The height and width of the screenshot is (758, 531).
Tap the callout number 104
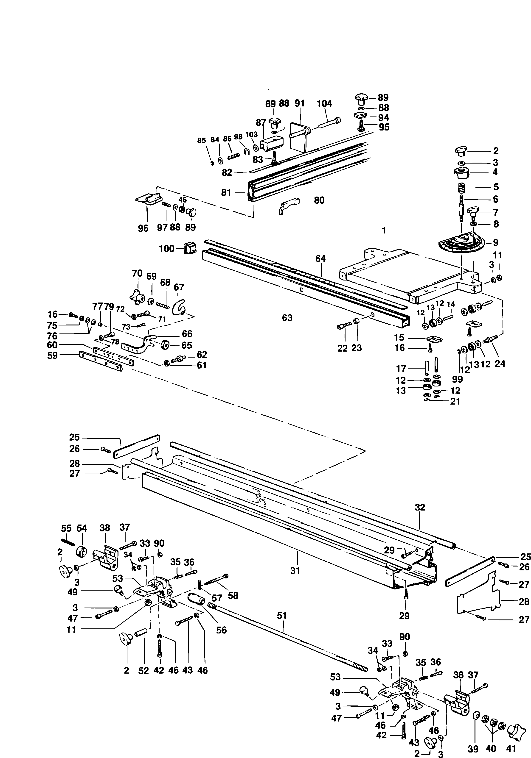324,104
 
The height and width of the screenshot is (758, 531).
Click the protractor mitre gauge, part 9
461,244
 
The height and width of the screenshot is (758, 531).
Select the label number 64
320,259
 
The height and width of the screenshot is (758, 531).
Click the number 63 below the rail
287,318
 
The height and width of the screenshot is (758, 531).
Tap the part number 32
420,507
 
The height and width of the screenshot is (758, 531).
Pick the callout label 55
66,528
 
